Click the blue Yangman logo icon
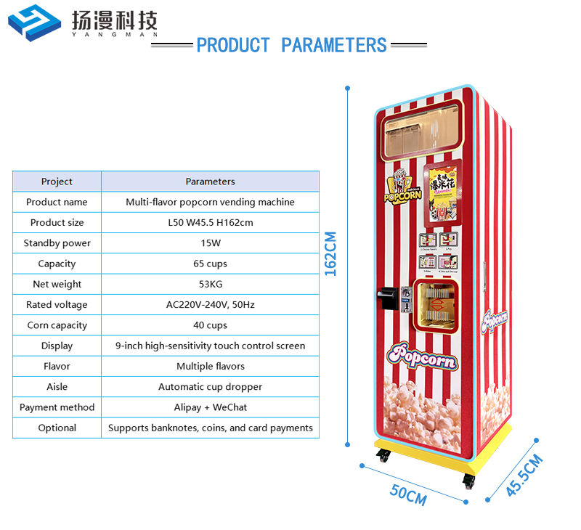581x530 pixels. [x=34, y=23]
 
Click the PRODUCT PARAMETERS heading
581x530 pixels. [x=291, y=45]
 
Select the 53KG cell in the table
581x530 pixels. [x=210, y=284]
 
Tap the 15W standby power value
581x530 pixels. [x=210, y=243]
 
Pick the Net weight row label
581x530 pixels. [x=57, y=284]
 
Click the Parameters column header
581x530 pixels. [x=210, y=182]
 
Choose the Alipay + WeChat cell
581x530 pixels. [x=210, y=407]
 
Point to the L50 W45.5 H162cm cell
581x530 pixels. [x=210, y=222]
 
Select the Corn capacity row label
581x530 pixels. [x=57, y=325]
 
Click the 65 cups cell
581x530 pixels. [x=210, y=264]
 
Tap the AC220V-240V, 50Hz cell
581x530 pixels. [x=210, y=305]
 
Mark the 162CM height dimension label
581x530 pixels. [x=330, y=253]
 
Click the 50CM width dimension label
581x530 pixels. [x=408, y=494]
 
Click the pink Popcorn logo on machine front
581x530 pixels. [x=423, y=356]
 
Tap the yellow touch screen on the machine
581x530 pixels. [x=442, y=190]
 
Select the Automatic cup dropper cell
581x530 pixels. [x=210, y=387]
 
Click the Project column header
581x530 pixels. [x=57, y=182]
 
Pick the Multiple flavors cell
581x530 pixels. [x=210, y=367]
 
